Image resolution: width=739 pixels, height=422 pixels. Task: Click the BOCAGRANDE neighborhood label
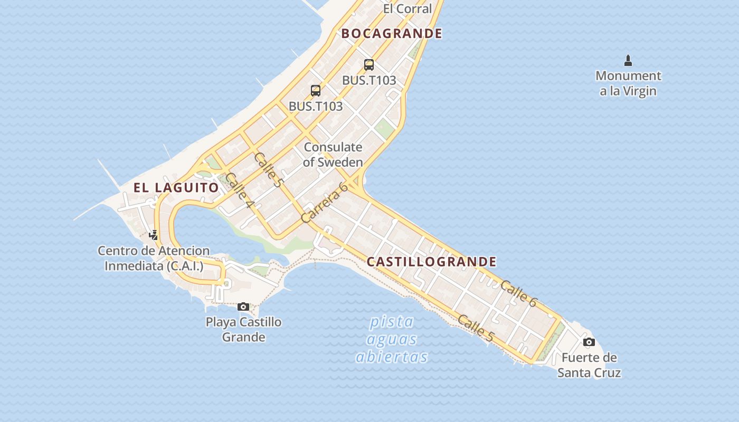(x=392, y=33)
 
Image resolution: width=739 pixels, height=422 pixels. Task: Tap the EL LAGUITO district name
(x=176, y=187)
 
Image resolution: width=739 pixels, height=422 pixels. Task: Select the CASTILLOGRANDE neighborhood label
(x=431, y=262)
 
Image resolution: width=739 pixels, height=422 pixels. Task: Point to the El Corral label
(x=408, y=8)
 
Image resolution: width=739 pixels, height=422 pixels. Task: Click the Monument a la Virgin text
(x=628, y=83)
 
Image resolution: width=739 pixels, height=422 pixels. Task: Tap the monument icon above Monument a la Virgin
(x=628, y=61)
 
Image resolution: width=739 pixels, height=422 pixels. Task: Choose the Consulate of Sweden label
(x=333, y=155)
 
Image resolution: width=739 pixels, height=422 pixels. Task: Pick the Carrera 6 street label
(x=324, y=202)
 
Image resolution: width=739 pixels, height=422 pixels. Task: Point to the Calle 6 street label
(x=518, y=294)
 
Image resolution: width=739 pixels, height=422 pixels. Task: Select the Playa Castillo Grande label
(x=243, y=329)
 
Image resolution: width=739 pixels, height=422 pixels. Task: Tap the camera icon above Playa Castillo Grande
(x=243, y=306)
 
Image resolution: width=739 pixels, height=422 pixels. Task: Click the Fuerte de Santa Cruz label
(x=589, y=365)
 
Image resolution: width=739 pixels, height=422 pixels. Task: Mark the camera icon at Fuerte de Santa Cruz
(x=589, y=342)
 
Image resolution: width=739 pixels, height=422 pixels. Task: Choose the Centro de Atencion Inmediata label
(x=154, y=258)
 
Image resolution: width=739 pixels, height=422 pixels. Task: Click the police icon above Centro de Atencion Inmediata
(x=154, y=235)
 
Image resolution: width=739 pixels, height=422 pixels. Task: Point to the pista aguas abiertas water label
(x=391, y=339)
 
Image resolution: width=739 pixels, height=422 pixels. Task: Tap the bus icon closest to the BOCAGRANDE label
(x=369, y=65)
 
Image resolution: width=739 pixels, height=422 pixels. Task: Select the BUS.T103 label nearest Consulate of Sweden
(x=316, y=106)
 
